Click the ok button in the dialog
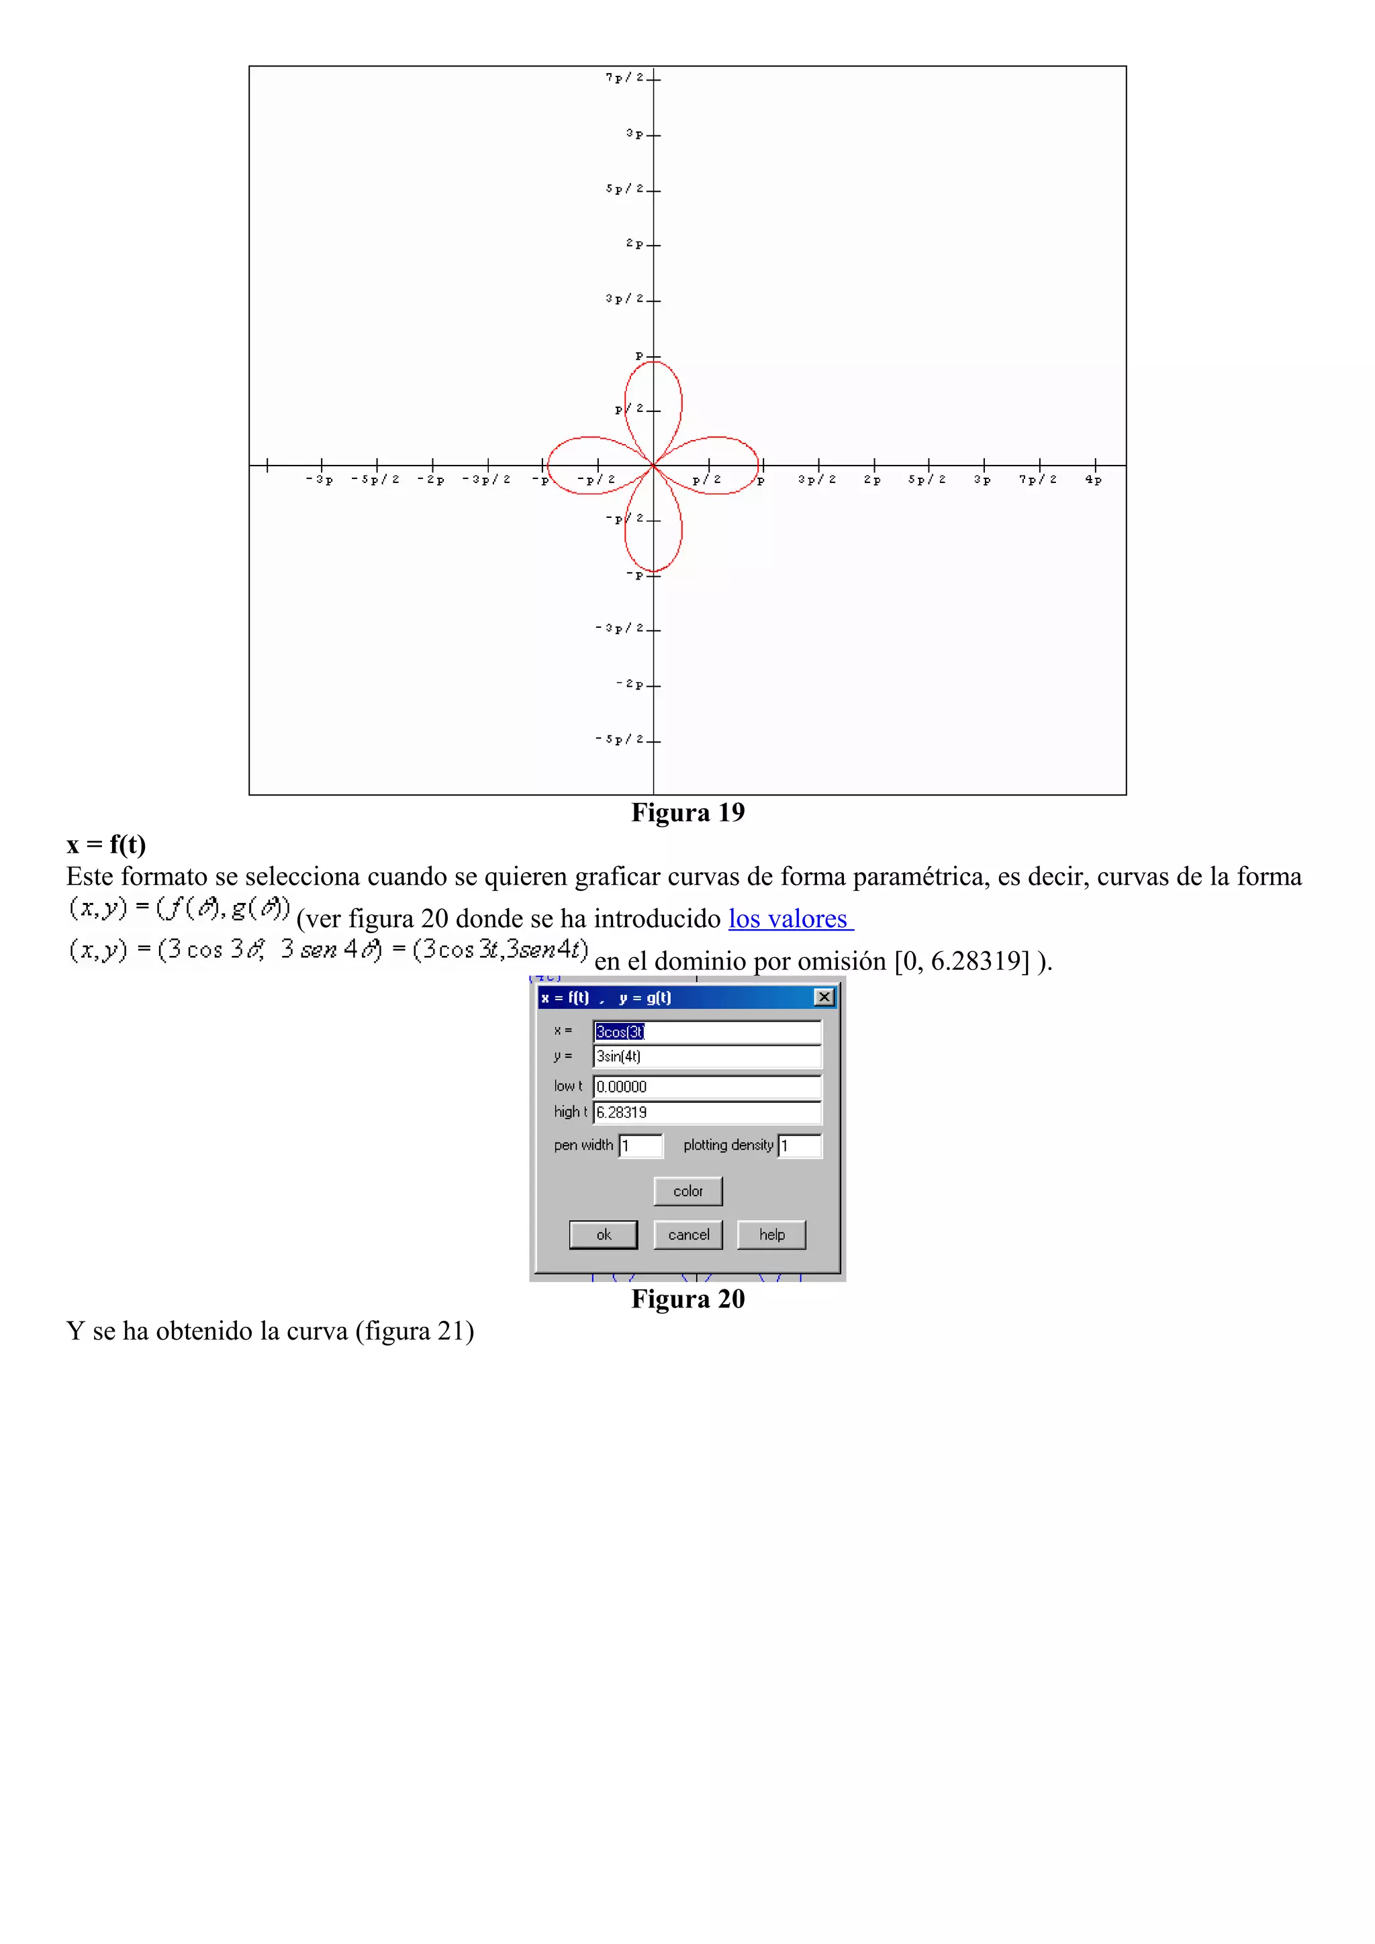coord(603,1234)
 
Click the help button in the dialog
coord(771,1234)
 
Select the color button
coord(688,1191)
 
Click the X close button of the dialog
coord(824,997)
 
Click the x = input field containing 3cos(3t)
coord(706,1031)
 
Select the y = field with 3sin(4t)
coord(706,1057)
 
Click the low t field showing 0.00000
coord(706,1086)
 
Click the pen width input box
coord(641,1146)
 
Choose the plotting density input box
coord(799,1146)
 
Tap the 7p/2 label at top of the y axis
coord(624,78)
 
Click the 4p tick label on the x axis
coord(1093,480)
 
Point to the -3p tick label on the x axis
coord(320,480)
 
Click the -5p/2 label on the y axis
coord(619,739)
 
